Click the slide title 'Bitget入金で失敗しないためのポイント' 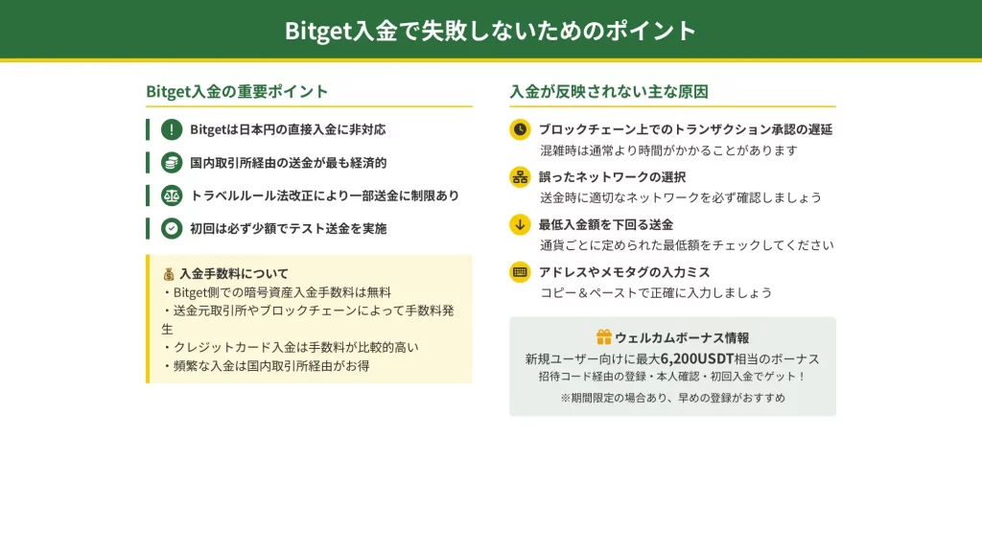point(490,30)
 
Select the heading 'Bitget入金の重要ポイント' point(237,91)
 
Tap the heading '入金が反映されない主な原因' point(609,91)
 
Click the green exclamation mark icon point(172,129)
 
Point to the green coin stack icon point(172,163)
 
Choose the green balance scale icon point(172,195)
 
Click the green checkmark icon point(172,228)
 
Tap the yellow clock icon point(520,129)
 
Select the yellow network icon point(520,177)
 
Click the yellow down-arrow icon point(520,224)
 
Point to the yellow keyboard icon point(520,272)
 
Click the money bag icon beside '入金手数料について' point(169,274)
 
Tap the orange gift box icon point(604,337)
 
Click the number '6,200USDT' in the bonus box point(697,358)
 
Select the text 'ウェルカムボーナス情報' point(682,338)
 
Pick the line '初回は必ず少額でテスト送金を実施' point(288,228)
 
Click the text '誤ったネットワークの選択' point(612,177)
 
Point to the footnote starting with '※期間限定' point(672,398)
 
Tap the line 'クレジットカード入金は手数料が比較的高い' point(290,347)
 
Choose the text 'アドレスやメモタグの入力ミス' point(624,272)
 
